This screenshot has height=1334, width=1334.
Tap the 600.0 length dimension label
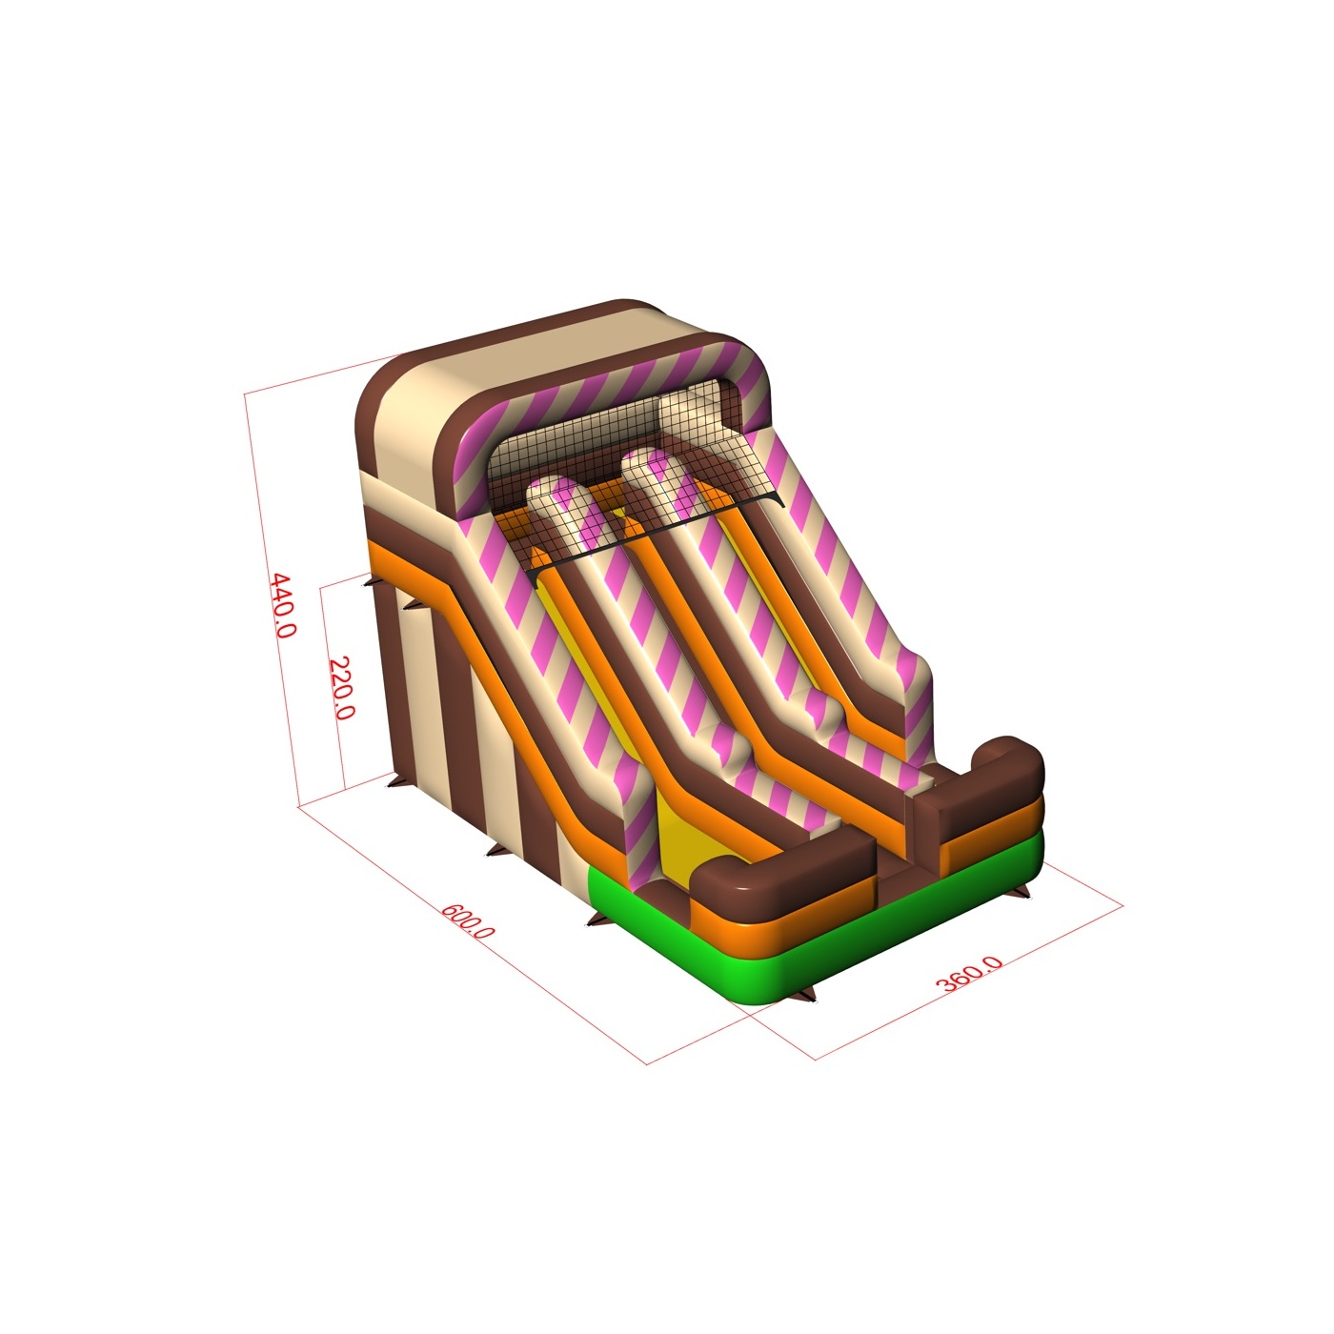pos(467,920)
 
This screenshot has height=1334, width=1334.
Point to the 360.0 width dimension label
pos(968,973)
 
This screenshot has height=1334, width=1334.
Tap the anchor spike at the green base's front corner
pos(804,997)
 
